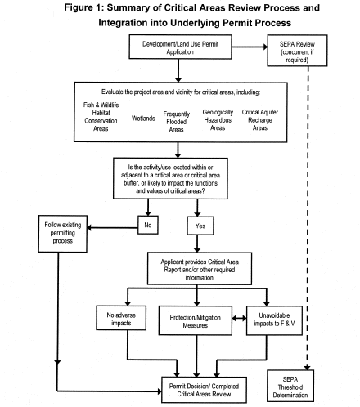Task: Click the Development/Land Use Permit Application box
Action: [180, 47]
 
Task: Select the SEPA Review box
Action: [297, 51]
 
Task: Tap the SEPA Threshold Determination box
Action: [290, 386]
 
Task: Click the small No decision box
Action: [148, 225]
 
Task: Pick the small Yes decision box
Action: [200, 226]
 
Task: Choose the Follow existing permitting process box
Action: [63, 234]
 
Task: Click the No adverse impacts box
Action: [121, 318]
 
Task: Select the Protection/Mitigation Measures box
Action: [196, 320]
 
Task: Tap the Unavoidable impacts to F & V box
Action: [274, 320]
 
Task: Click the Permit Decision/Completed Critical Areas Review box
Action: [204, 390]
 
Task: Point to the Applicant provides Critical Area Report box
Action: [200, 269]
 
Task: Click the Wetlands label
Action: [143, 119]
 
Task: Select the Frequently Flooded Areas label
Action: [177, 122]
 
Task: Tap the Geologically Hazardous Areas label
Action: [218, 120]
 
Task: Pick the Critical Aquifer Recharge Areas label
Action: [260, 120]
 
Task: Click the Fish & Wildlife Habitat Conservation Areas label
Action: [101, 117]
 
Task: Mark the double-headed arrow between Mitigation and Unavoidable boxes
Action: [240, 318]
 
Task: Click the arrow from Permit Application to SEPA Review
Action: [250, 47]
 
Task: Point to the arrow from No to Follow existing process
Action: [112, 228]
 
